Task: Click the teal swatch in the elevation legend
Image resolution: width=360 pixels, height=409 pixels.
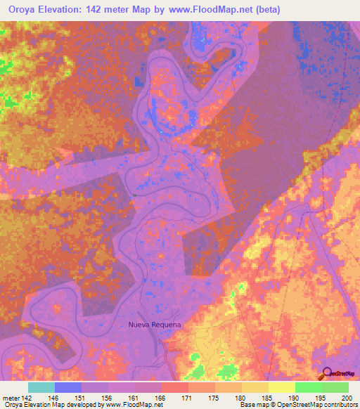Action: coord(41,387)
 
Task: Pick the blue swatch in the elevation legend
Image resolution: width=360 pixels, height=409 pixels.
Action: coord(68,387)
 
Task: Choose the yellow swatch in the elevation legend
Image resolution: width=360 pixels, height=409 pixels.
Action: coord(282,387)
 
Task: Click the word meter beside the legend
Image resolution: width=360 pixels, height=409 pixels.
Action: coord(11,397)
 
